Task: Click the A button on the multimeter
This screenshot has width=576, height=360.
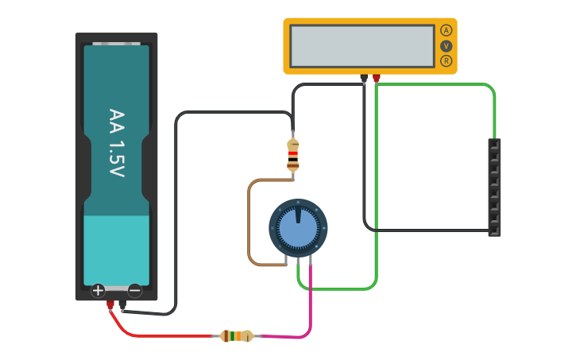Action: coord(446,30)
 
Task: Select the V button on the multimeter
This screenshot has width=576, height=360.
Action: coord(446,45)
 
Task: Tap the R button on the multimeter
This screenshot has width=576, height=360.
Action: coord(446,60)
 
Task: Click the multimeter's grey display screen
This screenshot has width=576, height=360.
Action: coord(362,46)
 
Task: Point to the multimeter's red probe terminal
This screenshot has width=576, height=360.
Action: coord(377,79)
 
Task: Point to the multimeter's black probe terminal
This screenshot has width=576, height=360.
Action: coord(364,79)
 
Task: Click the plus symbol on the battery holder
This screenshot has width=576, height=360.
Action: coord(98,290)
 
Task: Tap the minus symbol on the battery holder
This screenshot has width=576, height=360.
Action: coord(134,290)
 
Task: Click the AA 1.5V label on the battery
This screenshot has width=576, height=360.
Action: coord(117,143)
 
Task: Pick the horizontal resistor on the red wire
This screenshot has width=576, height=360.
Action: coord(236,336)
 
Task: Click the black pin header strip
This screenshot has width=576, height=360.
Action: coord(494,188)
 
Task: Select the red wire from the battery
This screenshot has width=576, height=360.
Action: coord(159,335)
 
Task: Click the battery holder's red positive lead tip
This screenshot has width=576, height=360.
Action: coord(110,306)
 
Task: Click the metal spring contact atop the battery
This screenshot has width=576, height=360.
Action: coord(117,44)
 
